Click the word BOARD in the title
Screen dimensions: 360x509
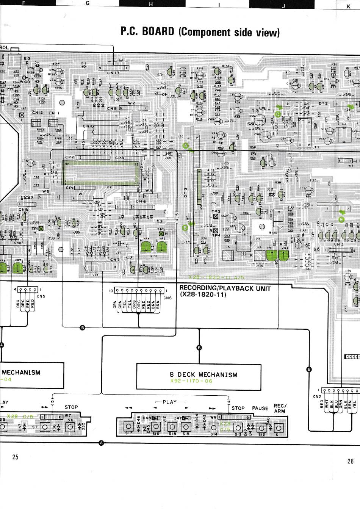tap(158, 31)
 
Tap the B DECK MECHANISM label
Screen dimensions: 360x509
tap(203, 374)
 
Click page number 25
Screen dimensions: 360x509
tap(15, 457)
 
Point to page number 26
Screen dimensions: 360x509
tap(350, 461)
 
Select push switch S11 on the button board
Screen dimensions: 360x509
tap(279, 427)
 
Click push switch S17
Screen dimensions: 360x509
tap(128, 427)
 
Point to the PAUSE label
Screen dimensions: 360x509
tap(260, 408)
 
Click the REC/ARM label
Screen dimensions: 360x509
tap(280, 408)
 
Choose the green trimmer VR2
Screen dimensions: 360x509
tap(283, 255)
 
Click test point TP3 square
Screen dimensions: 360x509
tap(216, 216)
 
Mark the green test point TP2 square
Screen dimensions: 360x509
tap(161, 235)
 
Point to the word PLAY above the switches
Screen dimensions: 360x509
tap(169, 402)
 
